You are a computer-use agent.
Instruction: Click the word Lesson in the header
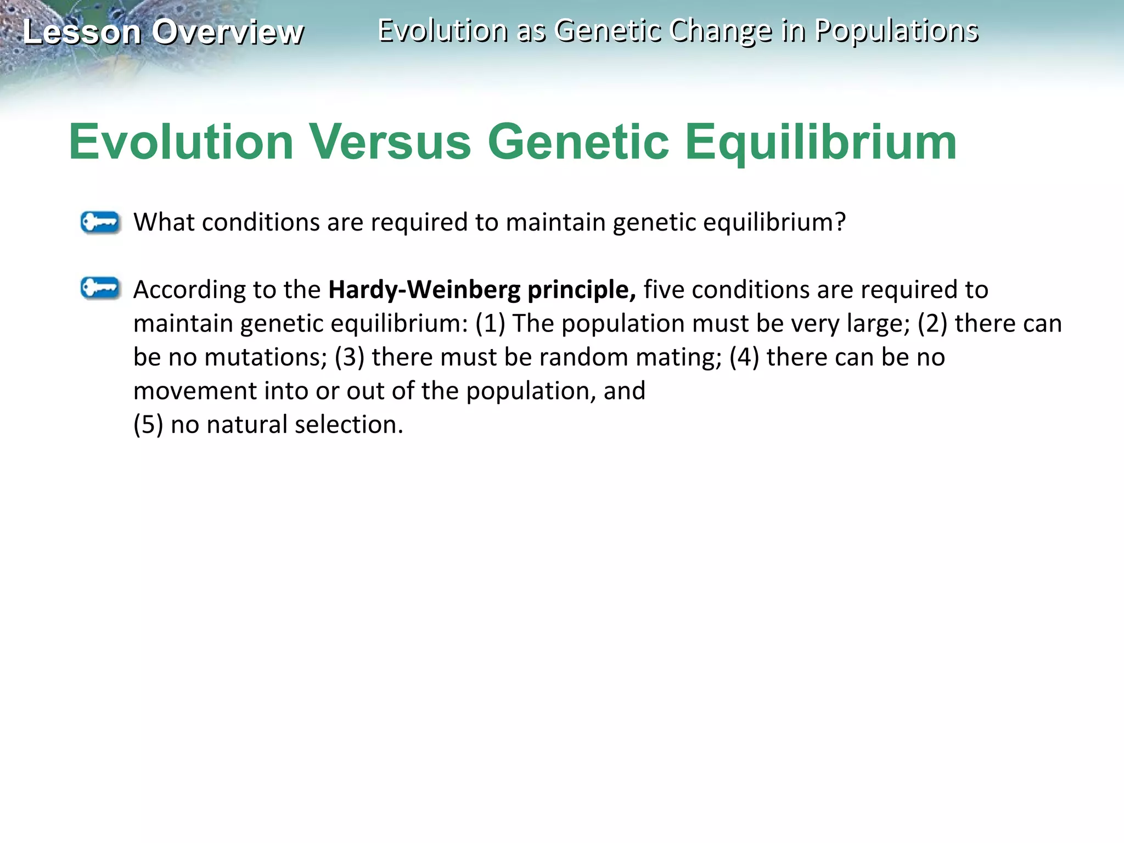point(82,32)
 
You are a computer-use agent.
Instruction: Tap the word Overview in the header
point(228,32)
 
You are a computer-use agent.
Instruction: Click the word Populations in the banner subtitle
point(896,31)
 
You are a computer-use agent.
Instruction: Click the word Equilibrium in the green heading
point(820,142)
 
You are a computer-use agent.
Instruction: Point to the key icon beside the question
point(100,222)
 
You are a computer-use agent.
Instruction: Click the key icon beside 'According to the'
point(100,288)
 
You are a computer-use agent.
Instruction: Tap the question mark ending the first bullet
point(839,222)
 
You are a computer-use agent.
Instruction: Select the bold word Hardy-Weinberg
point(424,290)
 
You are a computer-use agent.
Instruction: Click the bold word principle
point(581,290)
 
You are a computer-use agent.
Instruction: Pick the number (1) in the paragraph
point(490,323)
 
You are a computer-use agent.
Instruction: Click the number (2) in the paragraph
point(932,323)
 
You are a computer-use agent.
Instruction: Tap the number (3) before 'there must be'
point(350,357)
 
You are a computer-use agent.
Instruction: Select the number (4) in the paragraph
point(744,357)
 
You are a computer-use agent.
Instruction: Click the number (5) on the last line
point(148,425)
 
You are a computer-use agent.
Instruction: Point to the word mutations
point(266,357)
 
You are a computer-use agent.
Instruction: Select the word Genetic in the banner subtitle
point(607,31)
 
